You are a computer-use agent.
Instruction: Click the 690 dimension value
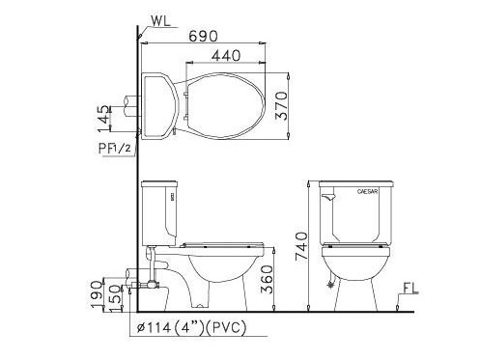(203, 37)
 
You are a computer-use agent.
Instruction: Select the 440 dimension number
(226, 56)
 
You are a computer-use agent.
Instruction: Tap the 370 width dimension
(281, 106)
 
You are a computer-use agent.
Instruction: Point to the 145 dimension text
(103, 118)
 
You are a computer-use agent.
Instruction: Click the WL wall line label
(161, 21)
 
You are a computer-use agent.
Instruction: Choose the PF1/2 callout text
(115, 149)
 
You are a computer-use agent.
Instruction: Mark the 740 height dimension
(301, 246)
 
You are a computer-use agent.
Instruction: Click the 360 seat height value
(267, 279)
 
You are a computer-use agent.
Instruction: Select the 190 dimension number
(97, 294)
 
